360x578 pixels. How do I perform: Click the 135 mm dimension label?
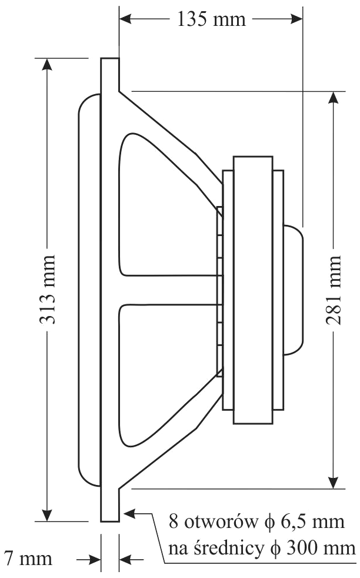(211, 19)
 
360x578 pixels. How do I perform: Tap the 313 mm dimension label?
(48, 290)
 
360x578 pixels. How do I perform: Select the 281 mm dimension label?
(334, 290)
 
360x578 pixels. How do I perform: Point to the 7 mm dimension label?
(28, 559)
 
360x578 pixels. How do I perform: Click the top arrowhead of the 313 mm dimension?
(47, 64)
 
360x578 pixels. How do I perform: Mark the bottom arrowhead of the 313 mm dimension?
(47, 516)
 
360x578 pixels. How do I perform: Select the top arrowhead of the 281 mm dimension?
(334, 97)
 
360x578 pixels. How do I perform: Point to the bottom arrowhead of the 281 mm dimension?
(334, 483)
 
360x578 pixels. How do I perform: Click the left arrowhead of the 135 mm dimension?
(125, 19)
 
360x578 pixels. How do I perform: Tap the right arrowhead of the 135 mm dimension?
(296, 19)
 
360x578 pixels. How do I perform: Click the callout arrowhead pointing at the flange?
(129, 513)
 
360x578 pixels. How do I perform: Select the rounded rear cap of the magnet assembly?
(294, 290)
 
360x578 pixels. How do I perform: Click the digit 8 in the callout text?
(173, 522)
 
